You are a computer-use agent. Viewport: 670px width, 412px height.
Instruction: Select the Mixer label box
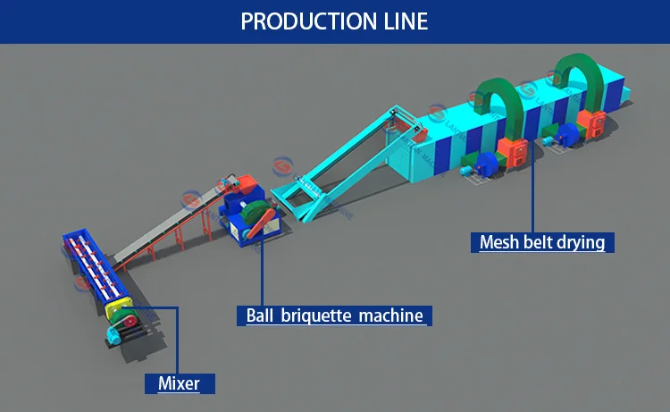(x=179, y=384)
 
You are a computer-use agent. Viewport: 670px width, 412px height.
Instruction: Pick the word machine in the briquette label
(x=390, y=315)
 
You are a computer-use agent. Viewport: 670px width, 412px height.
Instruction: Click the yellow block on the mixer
(x=116, y=309)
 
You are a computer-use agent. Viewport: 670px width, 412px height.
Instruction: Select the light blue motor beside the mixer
(x=113, y=332)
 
